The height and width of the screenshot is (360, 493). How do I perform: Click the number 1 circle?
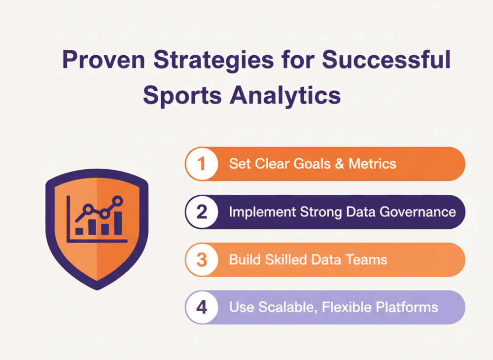pos(202,164)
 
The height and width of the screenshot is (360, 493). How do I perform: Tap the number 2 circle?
pos(202,212)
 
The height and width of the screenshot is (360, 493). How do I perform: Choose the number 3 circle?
pos(202,259)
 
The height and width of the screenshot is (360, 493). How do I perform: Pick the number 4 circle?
pos(202,307)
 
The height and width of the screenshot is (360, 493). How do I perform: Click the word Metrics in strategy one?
pos(372,164)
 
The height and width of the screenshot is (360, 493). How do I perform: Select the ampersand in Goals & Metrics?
pos(337,164)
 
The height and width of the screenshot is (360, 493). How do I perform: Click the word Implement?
pos(261,212)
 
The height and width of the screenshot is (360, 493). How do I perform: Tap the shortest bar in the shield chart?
pos(79,231)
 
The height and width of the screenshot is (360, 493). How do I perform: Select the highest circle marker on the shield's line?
pos(118,200)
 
